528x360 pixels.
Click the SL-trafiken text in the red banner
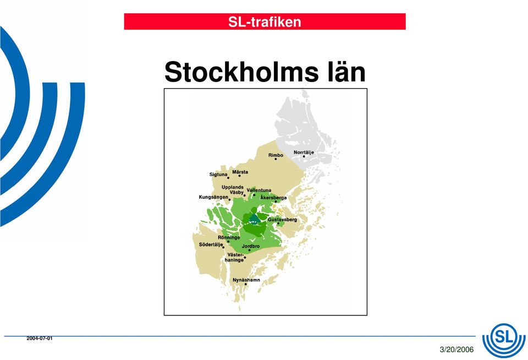265,22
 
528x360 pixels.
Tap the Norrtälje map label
304,152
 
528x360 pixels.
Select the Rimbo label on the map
276,155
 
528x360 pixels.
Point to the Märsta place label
240,172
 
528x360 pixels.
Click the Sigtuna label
218,174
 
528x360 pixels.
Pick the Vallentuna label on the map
259,190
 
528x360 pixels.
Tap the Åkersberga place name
273,197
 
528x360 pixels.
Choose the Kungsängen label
213,197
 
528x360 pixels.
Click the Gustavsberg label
283,220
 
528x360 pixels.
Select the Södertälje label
211,244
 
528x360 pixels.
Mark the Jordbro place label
251,246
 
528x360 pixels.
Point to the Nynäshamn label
246,280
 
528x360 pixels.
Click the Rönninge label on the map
229,237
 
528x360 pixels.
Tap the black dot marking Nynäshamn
245,284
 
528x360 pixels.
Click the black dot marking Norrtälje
304,156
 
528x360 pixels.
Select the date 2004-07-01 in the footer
40,338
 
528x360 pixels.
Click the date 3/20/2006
457,350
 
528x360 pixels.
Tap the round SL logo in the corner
504,340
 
